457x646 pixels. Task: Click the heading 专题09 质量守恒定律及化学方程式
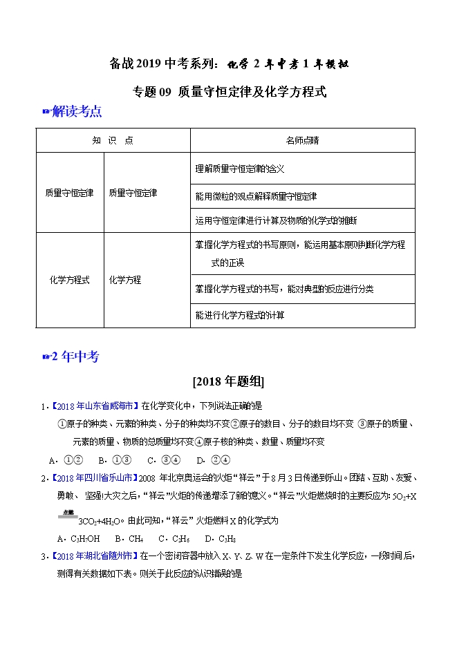(x=229, y=91)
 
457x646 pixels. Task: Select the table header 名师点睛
(x=302, y=140)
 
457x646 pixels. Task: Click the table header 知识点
(x=113, y=140)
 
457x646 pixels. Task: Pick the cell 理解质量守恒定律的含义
(x=240, y=169)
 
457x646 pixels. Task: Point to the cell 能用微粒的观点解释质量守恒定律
(x=257, y=196)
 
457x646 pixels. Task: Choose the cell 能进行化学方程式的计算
(x=240, y=315)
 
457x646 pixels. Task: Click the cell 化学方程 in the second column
(x=125, y=280)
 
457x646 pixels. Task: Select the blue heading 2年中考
(x=75, y=357)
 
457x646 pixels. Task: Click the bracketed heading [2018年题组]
(x=229, y=381)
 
